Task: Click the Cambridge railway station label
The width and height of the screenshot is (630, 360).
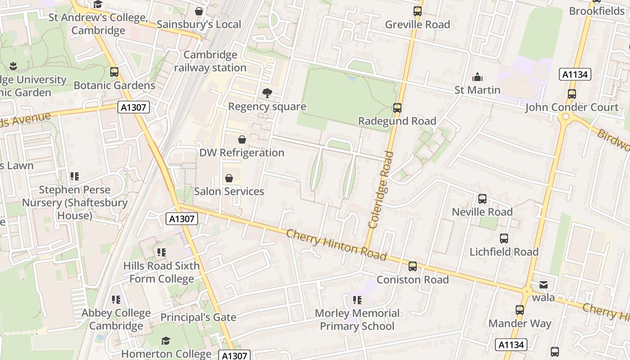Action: (x=210, y=61)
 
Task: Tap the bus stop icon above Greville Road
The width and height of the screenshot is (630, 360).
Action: (x=418, y=11)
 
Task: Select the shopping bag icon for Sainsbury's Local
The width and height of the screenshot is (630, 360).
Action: (x=198, y=11)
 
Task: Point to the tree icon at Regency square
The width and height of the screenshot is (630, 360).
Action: (x=267, y=93)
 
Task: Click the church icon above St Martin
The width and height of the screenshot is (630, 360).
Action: (x=477, y=77)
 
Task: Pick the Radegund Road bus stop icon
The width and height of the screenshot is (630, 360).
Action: (x=397, y=108)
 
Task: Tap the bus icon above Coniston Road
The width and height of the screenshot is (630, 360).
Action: (x=412, y=266)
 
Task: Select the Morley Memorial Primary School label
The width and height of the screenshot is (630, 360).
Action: (x=357, y=319)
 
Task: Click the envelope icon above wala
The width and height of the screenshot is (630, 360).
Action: (x=543, y=285)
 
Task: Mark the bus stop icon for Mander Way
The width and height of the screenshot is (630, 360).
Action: (x=520, y=310)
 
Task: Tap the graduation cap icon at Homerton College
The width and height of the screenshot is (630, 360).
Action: (x=166, y=341)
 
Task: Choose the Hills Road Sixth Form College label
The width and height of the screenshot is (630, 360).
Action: (x=162, y=272)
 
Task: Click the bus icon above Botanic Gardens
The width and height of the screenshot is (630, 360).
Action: (x=114, y=72)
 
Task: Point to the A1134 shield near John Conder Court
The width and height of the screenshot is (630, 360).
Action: (x=575, y=74)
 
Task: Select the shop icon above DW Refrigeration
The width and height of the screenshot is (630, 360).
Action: (x=242, y=139)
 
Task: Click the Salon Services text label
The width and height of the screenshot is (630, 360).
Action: (x=229, y=191)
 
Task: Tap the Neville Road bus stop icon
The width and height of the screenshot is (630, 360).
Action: (x=482, y=198)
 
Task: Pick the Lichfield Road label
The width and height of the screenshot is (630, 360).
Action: (x=504, y=252)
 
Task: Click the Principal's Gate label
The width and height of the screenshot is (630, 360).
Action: (x=198, y=317)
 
